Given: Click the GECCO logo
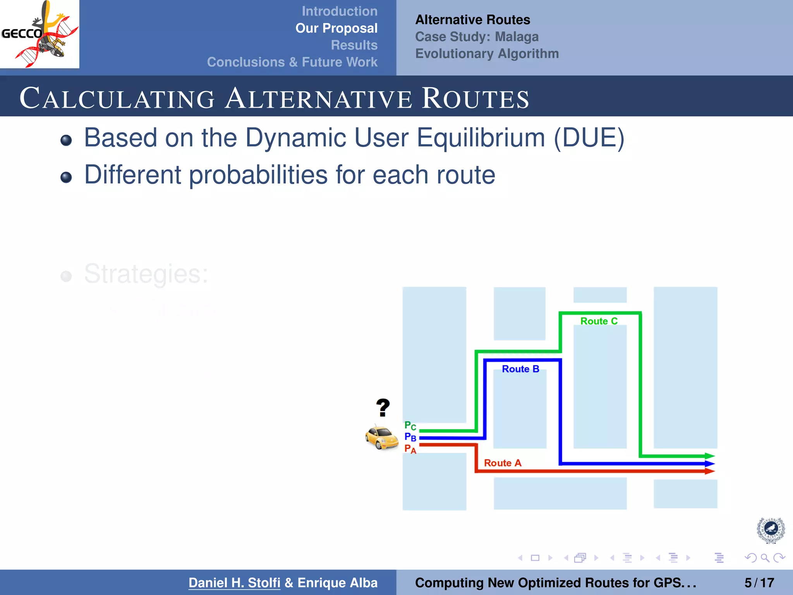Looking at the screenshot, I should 39,34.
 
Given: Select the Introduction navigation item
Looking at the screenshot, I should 339,11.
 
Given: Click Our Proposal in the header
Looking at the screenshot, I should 336,28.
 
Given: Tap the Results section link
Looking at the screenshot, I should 354,45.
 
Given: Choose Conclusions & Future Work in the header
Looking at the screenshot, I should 292,62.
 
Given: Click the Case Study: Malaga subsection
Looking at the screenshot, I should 477,37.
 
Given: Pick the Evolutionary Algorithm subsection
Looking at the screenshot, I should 487,53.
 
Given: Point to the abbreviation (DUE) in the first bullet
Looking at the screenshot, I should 589,138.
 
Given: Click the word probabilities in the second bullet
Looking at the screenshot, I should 258,175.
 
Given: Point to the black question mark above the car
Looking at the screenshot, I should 383,408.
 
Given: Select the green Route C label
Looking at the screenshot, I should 599,321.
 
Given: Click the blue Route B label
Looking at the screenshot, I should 520,369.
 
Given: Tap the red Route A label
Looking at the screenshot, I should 503,463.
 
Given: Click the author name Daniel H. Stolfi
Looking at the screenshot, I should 234,583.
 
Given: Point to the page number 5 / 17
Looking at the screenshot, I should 759,583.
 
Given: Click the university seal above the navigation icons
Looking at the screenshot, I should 771,530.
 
